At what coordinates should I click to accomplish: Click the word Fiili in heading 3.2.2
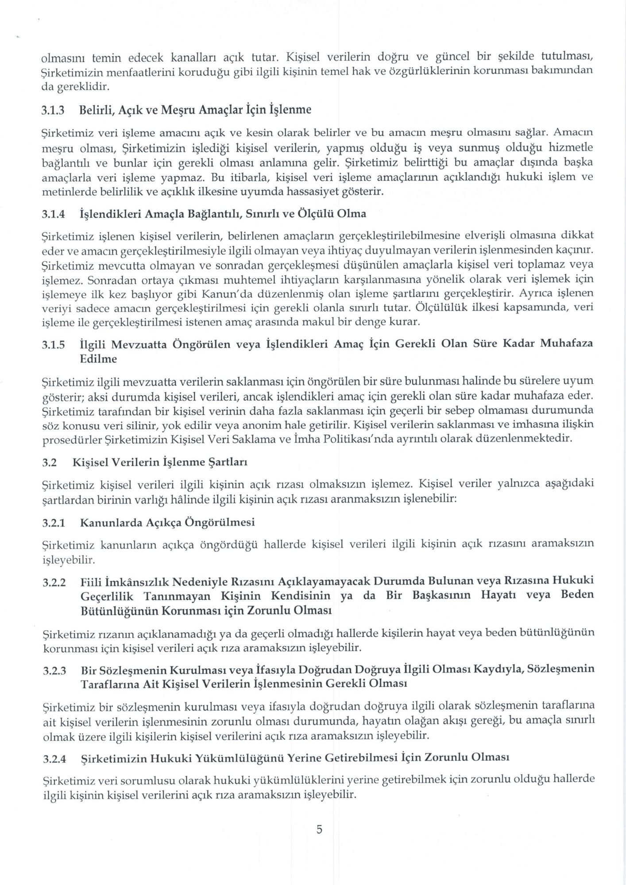pyautogui.click(x=90, y=581)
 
